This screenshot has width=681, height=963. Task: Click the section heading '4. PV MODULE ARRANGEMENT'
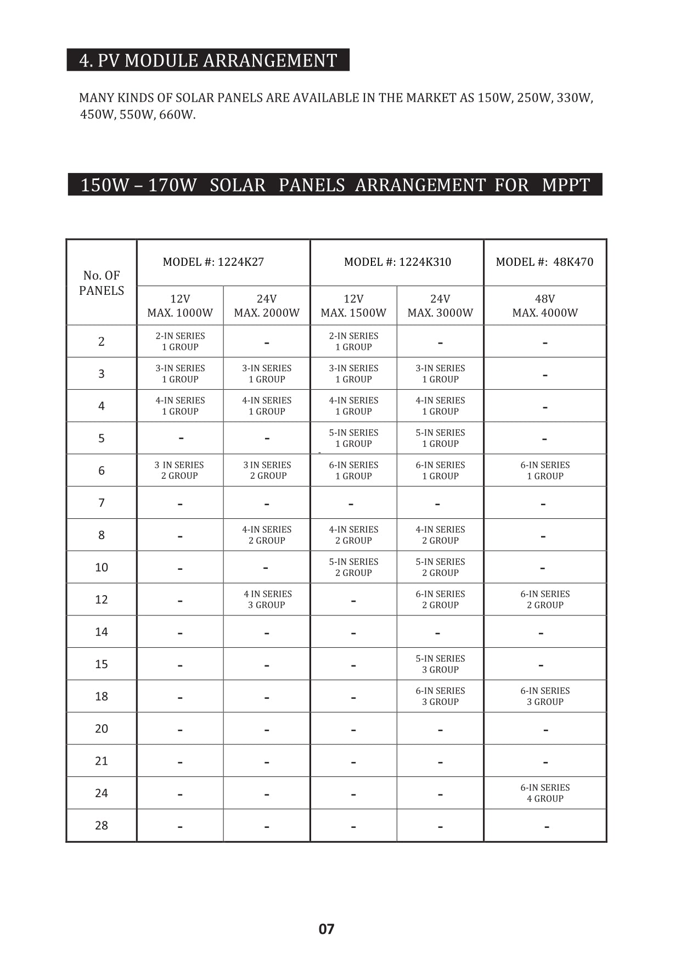208,60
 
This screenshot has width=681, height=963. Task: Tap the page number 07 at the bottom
327,929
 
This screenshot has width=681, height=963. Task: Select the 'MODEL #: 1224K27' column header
213,262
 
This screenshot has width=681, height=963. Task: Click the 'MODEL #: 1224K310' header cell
397,262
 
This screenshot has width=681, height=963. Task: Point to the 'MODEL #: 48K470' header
544,262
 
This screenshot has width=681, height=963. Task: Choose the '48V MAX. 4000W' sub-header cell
545,306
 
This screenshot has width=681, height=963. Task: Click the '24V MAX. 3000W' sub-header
440,306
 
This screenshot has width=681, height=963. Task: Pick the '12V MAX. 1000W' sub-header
180,306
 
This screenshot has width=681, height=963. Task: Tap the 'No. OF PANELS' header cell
102,283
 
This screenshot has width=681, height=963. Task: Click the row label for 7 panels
102,503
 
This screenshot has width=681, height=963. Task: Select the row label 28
102,825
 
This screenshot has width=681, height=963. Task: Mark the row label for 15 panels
102,664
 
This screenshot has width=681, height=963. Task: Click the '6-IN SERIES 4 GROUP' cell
545,793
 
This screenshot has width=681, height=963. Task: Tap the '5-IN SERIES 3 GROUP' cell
440,664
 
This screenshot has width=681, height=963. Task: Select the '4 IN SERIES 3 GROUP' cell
267,600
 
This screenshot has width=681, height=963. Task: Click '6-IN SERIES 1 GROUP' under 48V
545,471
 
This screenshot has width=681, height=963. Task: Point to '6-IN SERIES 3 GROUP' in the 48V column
545,696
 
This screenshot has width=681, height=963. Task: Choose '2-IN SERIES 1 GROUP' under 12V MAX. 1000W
180,341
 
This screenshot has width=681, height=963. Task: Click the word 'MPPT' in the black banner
566,185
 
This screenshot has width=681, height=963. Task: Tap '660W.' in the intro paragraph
177,115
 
